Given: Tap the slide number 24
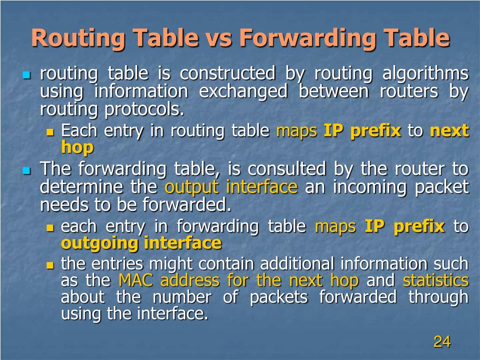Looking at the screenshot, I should tap(442, 342).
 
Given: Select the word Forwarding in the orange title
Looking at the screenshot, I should tap(307, 38).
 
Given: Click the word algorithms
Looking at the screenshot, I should tap(426, 74).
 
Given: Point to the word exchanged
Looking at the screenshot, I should tap(243, 91).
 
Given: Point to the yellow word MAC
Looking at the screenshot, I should tap(135, 280).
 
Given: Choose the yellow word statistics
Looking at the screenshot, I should tap(435, 280).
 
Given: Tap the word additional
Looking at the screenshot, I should tap(297, 263).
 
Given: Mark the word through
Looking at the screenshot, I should tap(438, 297).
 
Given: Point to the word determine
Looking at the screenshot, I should tap(82, 187).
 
